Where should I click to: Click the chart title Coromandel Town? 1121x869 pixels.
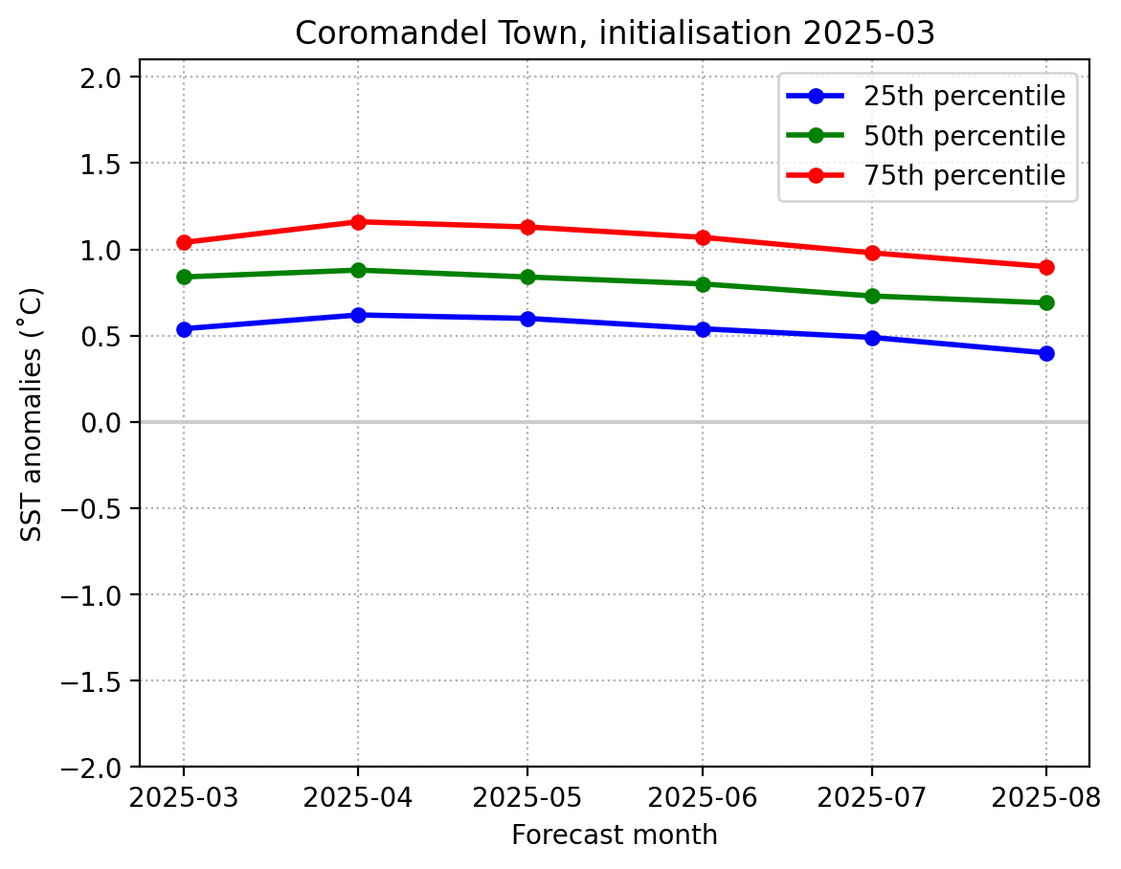(614, 33)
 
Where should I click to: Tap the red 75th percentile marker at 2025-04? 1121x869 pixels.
(358, 222)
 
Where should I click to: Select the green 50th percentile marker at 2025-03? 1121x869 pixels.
(184, 277)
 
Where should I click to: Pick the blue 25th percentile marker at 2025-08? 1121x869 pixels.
(1045, 353)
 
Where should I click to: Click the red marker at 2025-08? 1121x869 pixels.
(1045, 267)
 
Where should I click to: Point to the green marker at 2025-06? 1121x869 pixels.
(703, 284)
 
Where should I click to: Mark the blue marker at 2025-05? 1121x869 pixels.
(527, 319)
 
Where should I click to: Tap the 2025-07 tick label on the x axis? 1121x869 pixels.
(872, 796)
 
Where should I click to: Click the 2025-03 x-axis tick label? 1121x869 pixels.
(184, 796)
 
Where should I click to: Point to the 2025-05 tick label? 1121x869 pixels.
(527, 796)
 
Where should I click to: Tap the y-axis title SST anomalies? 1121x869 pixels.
(32, 413)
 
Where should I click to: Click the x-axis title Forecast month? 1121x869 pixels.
(614, 836)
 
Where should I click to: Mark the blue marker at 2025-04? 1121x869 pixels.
(358, 315)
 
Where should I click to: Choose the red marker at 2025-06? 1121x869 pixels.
(703, 237)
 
